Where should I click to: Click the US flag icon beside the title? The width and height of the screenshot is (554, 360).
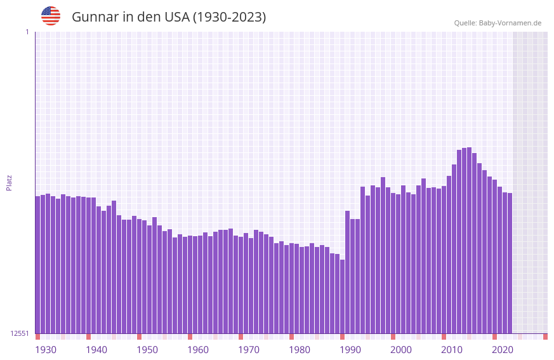click(51, 16)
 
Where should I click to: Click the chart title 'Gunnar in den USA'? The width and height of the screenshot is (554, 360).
click(169, 17)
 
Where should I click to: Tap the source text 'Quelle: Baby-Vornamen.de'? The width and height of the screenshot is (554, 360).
click(498, 23)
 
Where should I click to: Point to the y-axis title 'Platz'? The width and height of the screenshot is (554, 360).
click(9, 182)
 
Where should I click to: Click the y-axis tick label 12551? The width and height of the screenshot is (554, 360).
click(20, 333)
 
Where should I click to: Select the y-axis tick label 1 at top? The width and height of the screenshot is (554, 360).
click(27, 32)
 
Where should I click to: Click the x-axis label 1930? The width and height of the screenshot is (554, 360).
click(46, 350)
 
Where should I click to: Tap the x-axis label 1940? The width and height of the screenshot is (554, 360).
click(96, 350)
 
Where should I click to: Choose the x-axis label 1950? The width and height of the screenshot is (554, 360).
click(147, 350)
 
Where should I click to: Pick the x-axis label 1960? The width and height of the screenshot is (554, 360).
click(198, 350)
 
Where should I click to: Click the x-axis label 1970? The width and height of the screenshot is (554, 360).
click(249, 350)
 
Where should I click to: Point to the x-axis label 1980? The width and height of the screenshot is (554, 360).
click(300, 350)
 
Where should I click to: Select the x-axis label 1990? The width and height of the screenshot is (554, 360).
click(350, 350)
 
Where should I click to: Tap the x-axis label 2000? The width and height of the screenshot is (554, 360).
click(401, 350)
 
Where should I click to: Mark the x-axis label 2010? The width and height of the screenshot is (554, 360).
click(452, 350)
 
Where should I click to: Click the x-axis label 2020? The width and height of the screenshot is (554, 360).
click(503, 350)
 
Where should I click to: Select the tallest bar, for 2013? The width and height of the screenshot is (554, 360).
click(469, 241)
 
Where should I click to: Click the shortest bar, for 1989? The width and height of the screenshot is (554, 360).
click(342, 297)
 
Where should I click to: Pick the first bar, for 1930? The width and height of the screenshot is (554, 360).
click(37, 265)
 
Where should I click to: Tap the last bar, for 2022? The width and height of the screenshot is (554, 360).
click(510, 263)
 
